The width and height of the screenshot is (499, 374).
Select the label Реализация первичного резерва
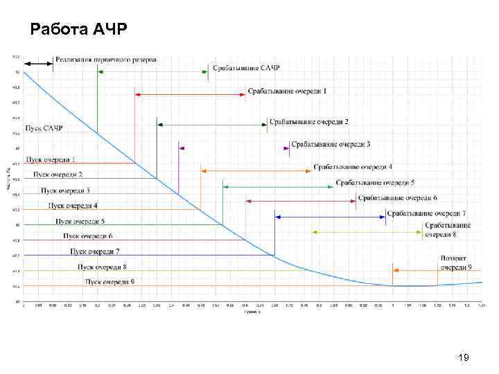coord(106,60)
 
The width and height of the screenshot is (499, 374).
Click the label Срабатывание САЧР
coord(245,69)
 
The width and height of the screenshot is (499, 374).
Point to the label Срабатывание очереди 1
coord(287,91)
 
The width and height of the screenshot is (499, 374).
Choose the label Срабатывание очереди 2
coord(308,122)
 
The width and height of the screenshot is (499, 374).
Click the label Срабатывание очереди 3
coord(331,144)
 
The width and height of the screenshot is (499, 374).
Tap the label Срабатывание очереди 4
coord(353,167)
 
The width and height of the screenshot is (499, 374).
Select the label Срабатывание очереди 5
coord(375,183)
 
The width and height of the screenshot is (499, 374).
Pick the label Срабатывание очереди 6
coord(397,198)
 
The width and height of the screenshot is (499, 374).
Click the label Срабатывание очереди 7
coord(426,213)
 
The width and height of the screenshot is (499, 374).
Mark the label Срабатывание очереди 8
coord(448,230)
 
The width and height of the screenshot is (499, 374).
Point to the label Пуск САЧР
coord(44,128)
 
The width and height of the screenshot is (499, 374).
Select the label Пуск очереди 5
coord(80,221)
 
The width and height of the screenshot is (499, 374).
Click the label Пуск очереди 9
coord(110,281)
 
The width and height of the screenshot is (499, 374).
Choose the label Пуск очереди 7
coord(95,251)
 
